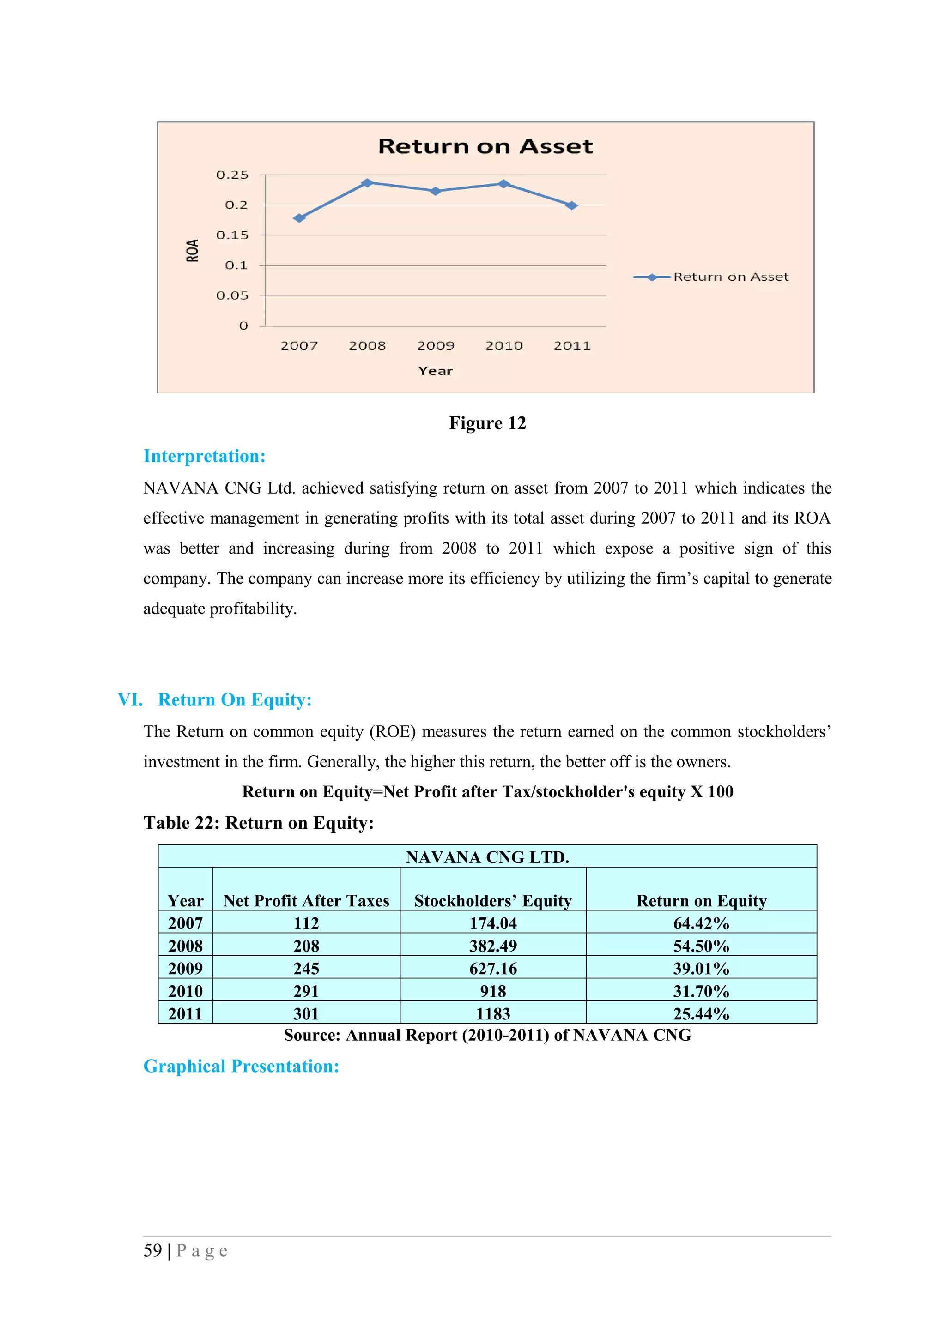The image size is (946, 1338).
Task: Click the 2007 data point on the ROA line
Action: coord(299,218)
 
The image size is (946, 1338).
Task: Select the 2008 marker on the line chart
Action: coord(367,183)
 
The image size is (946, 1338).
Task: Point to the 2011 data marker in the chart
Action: coord(572,205)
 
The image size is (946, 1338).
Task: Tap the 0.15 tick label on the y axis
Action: coord(232,235)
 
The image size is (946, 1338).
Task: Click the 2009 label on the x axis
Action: coord(436,345)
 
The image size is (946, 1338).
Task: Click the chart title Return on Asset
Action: coord(485,146)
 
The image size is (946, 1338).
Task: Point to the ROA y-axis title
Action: coord(192,251)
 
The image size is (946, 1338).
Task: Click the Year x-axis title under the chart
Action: coord(436,371)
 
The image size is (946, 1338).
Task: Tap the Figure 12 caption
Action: coord(487,423)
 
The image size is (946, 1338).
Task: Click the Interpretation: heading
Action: coord(205,456)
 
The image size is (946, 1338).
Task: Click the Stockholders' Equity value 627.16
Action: coord(493,969)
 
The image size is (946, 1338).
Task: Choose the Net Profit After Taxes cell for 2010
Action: coord(306,991)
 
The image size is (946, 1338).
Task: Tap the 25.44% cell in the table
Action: coord(701,1014)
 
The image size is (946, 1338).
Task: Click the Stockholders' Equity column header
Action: coord(493,901)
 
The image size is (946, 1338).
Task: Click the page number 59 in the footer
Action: coord(153,1251)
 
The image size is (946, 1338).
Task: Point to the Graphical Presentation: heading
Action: coord(241,1067)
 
